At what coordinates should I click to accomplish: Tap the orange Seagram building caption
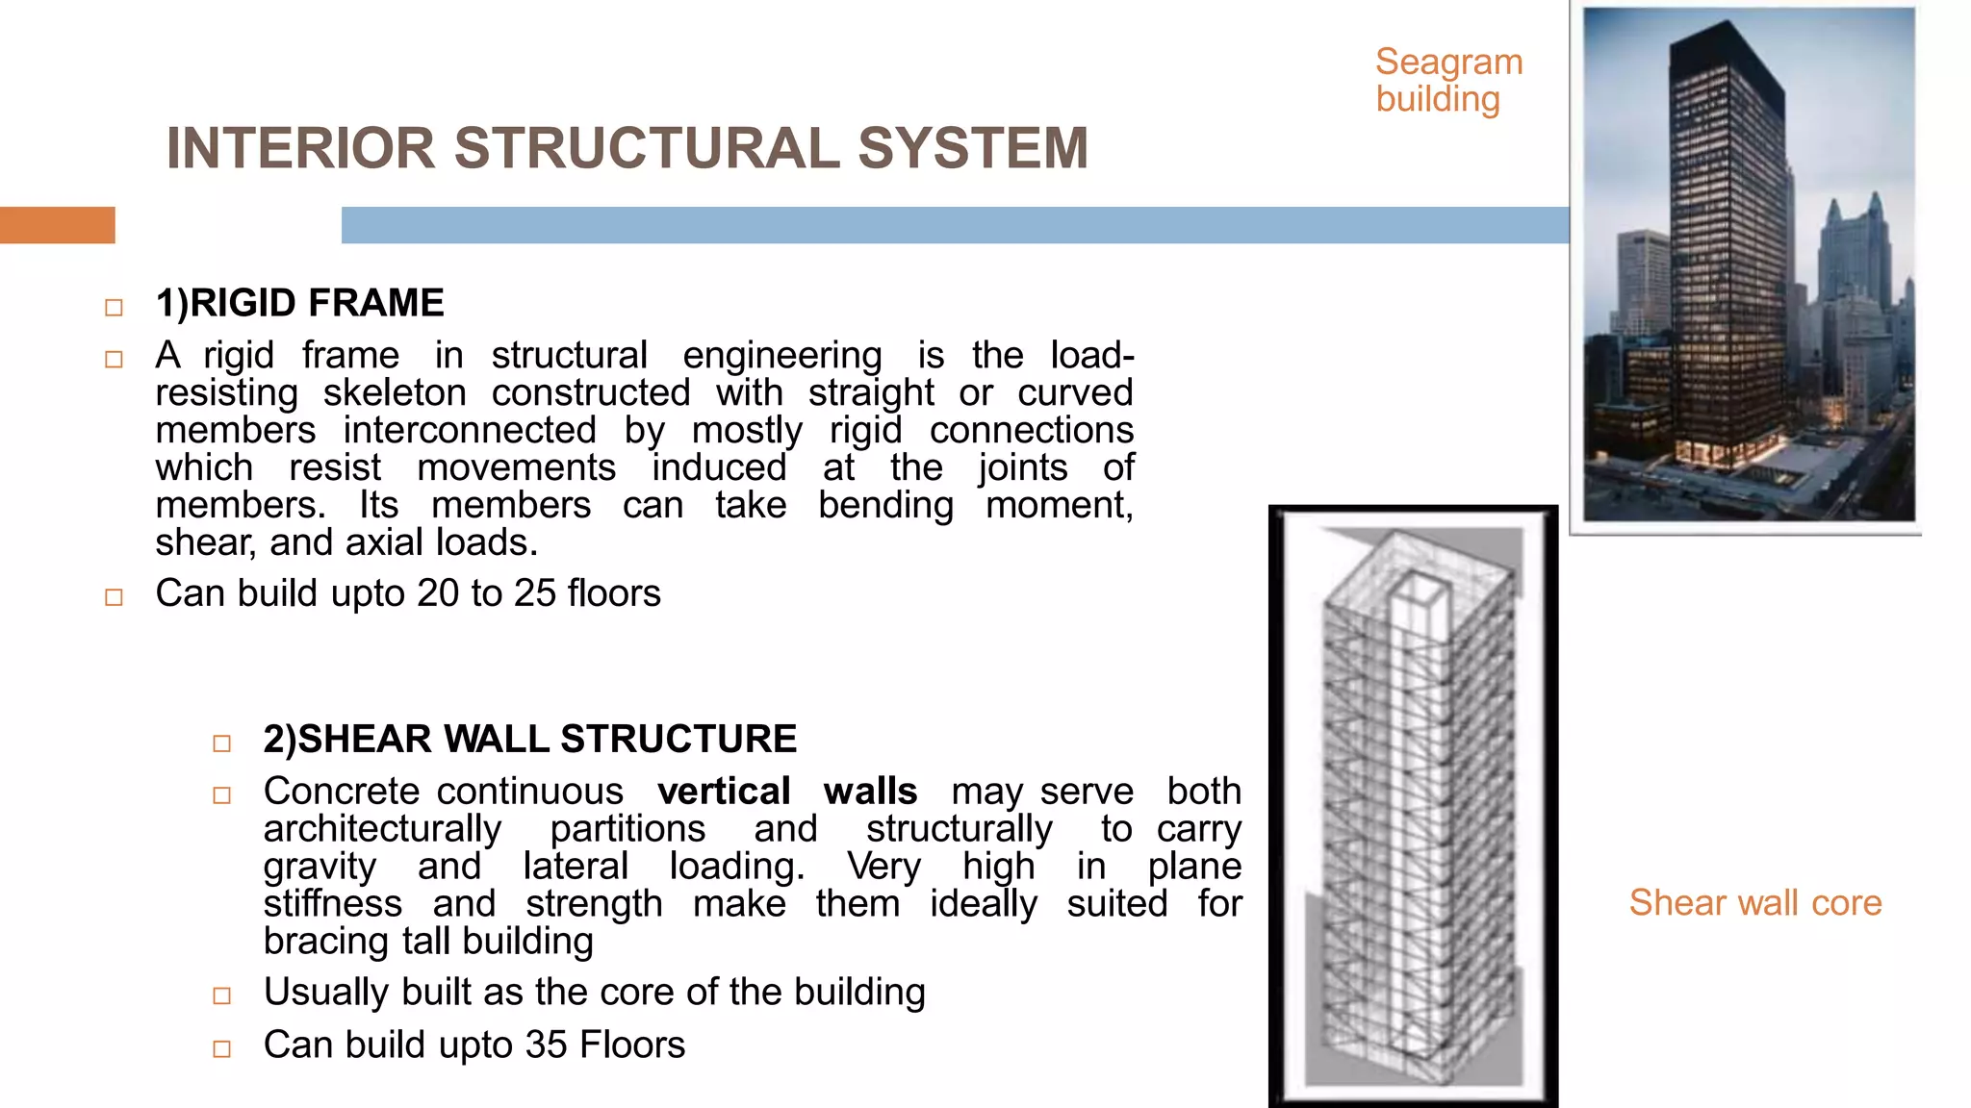point(1447,81)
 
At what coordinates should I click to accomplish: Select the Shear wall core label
point(1754,903)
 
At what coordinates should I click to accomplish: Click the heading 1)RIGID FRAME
point(299,303)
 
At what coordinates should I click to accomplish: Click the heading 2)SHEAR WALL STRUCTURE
point(529,739)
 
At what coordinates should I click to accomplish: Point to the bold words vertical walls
point(786,792)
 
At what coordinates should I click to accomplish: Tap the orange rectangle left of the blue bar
point(57,225)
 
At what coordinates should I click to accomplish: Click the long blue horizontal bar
point(953,225)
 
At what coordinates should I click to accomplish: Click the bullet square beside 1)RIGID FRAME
point(114,308)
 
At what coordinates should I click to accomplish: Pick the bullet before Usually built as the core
point(221,995)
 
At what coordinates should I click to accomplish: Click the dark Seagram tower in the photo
point(1723,269)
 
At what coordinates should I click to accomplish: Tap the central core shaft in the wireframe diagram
point(1417,818)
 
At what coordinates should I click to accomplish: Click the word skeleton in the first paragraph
point(395,392)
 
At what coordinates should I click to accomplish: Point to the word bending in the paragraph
point(885,505)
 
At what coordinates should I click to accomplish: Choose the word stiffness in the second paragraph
point(333,904)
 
